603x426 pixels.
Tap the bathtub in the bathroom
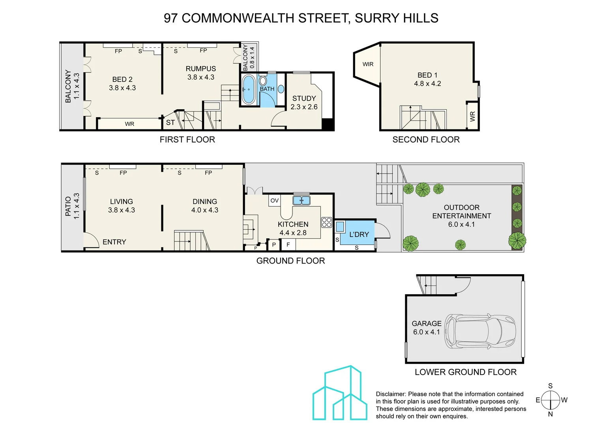(x=249, y=90)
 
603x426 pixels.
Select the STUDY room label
(x=304, y=98)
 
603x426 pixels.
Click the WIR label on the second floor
(x=368, y=64)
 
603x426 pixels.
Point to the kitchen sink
(x=301, y=200)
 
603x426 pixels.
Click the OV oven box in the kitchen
(x=274, y=200)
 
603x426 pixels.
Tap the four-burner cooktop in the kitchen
(x=326, y=222)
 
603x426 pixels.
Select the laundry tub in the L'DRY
(x=340, y=227)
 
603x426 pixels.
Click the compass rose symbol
(x=551, y=400)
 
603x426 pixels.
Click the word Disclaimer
(x=390, y=394)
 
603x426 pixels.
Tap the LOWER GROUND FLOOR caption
(x=465, y=372)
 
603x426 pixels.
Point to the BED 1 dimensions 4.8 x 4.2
(x=427, y=84)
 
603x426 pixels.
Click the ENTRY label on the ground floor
(x=114, y=242)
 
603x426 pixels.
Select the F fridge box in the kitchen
(x=288, y=245)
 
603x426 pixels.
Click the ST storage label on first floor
(x=170, y=123)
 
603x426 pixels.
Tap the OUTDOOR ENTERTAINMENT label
(x=461, y=212)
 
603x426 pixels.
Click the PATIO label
(x=68, y=206)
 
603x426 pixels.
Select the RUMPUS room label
(x=201, y=69)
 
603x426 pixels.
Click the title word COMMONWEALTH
(x=238, y=18)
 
